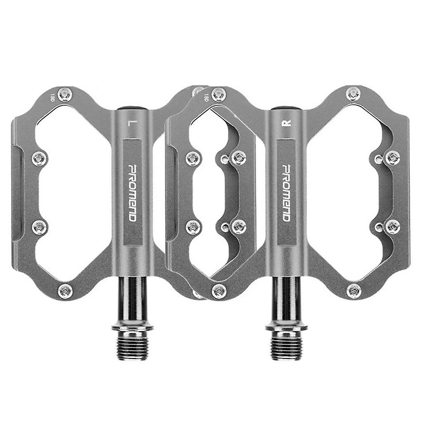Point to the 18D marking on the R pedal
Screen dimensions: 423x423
tap(206, 98)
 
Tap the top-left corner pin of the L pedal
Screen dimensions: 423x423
tap(64, 94)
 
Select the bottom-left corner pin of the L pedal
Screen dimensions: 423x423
tap(65, 291)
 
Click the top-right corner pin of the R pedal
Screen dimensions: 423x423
tap(353, 94)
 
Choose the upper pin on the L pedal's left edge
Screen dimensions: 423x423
tap(39, 157)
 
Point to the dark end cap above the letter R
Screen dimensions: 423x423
tap(286, 108)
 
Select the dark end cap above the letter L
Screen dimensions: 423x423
tap(132, 108)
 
